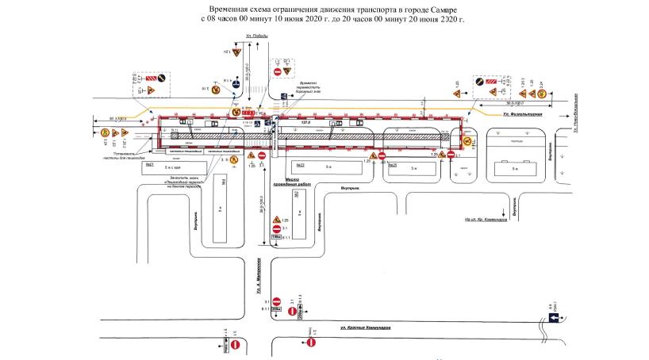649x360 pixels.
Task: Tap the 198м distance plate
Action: (x=277, y=236)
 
